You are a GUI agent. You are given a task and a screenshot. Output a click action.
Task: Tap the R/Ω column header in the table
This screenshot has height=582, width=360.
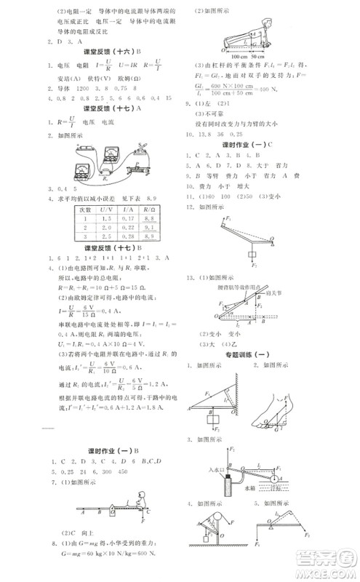pos(150,209)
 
